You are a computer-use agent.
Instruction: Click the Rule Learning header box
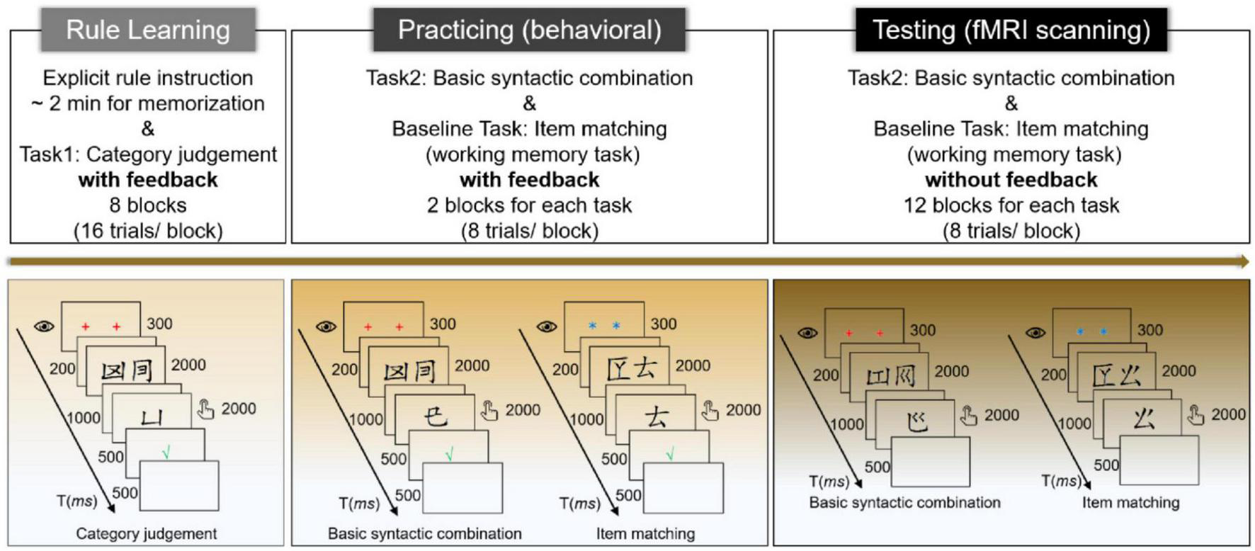pyautogui.click(x=148, y=30)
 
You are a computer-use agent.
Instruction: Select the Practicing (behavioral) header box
pyautogui.click(x=529, y=30)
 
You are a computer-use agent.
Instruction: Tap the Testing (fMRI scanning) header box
pyautogui.click(x=1011, y=30)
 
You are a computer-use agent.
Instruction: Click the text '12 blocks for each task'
pyautogui.click(x=1011, y=205)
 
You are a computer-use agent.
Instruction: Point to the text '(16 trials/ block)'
pyautogui.click(x=148, y=231)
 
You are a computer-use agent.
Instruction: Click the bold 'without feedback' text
pyautogui.click(x=1011, y=180)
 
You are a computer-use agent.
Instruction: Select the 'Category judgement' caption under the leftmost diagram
pyautogui.click(x=147, y=533)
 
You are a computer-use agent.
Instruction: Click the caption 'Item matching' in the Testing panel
pyautogui.click(x=1130, y=502)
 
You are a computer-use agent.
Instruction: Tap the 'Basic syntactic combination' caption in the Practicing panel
pyautogui.click(x=424, y=533)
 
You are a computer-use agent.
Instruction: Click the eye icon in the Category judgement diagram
pyautogui.click(x=44, y=326)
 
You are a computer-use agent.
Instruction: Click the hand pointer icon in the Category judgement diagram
pyautogui.click(x=205, y=409)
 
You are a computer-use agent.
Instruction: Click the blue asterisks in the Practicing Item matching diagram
pyautogui.click(x=604, y=326)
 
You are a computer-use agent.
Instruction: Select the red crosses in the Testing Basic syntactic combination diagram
pyautogui.click(x=864, y=333)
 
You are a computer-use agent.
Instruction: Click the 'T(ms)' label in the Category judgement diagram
pyautogui.click(x=76, y=501)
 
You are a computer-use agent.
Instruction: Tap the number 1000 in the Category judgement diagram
pyautogui.click(x=83, y=418)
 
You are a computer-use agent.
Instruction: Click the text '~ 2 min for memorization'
pyautogui.click(x=148, y=103)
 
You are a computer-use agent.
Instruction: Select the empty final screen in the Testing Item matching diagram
pyautogui.click(x=1159, y=460)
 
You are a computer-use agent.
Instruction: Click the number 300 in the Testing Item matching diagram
pyautogui.click(x=1149, y=330)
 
